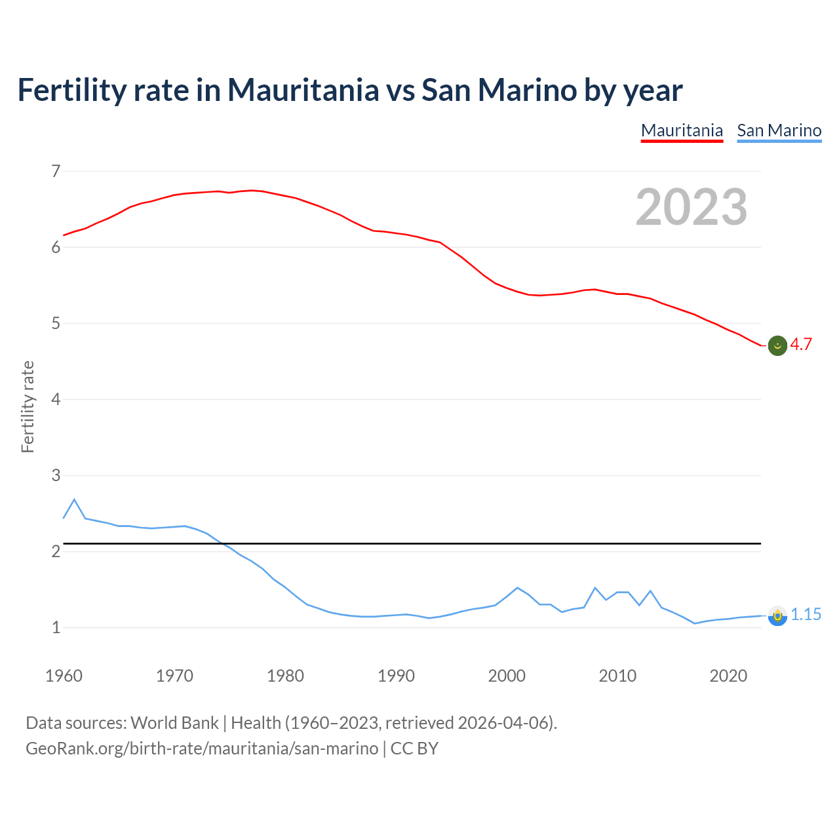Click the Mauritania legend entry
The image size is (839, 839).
[682, 130]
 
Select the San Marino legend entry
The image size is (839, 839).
[779, 130]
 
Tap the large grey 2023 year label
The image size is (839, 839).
[692, 207]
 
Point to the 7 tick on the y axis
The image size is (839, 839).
[56, 172]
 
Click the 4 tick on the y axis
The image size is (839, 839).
[56, 399]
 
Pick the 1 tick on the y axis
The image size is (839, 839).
[56, 627]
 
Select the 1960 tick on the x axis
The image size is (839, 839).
[64, 676]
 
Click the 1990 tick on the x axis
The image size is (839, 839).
[396, 676]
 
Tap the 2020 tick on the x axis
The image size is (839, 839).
[728, 676]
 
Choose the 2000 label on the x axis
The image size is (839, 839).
[507, 676]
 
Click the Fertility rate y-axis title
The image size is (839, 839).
[28, 406]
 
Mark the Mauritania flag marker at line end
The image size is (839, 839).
[777, 345]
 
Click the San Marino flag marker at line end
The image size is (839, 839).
[777, 616]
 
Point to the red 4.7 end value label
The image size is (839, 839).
[801, 345]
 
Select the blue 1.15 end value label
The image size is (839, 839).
[806, 615]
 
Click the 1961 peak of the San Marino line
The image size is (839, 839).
[74, 499]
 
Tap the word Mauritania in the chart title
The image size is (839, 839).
[303, 90]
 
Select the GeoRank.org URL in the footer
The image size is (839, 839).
[202, 749]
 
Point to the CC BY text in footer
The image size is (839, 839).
[414, 749]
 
